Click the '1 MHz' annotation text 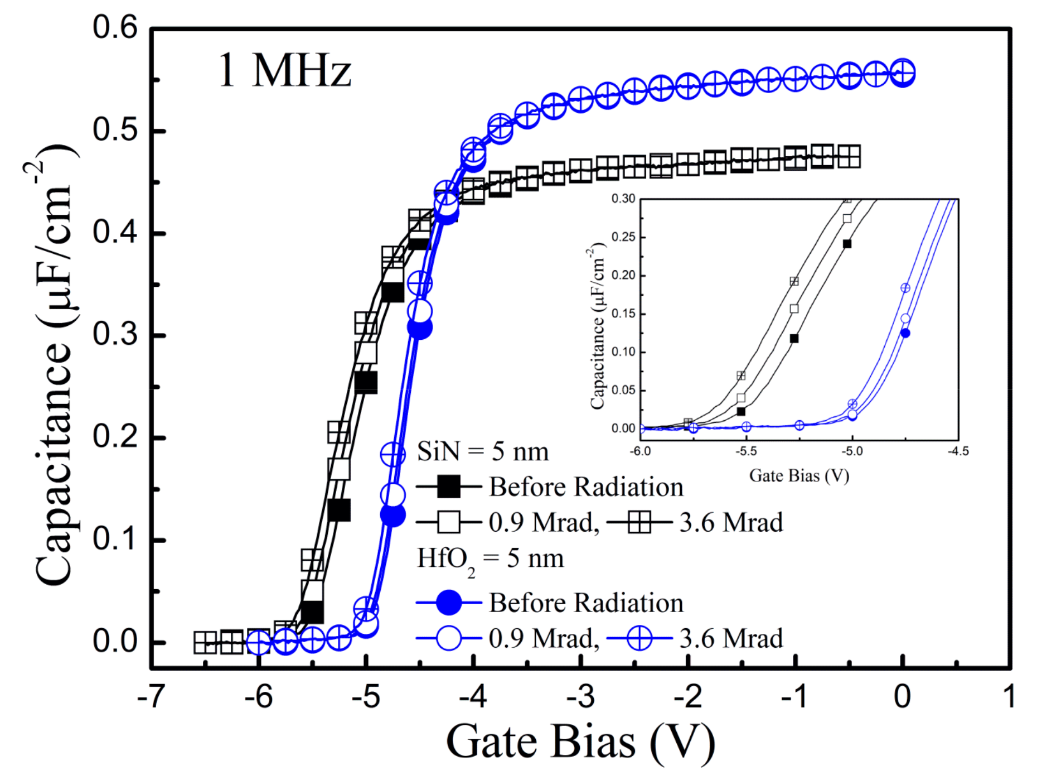coord(284,71)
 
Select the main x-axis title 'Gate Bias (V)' coord(580,742)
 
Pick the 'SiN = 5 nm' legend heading coord(483,451)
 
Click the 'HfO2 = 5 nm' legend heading coord(491,559)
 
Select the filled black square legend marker coord(449,487)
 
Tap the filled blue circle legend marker coord(449,603)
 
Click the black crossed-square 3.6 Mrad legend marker coord(639,522)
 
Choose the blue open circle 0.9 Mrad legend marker coord(449,638)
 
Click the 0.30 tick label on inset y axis coord(623,199)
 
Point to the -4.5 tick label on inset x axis coord(958,451)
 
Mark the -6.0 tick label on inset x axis coord(640,451)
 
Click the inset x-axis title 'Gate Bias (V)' coord(799,476)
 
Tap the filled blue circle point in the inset coord(905,333)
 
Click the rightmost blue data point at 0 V coord(903,73)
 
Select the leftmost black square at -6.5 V coord(205,642)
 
